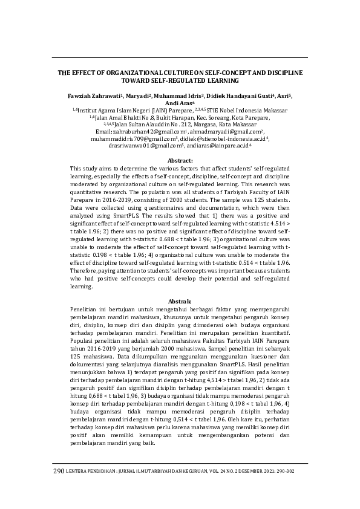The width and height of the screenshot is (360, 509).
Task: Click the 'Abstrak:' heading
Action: (180, 300)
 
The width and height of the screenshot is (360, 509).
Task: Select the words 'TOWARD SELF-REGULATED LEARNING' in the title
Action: (180, 79)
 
